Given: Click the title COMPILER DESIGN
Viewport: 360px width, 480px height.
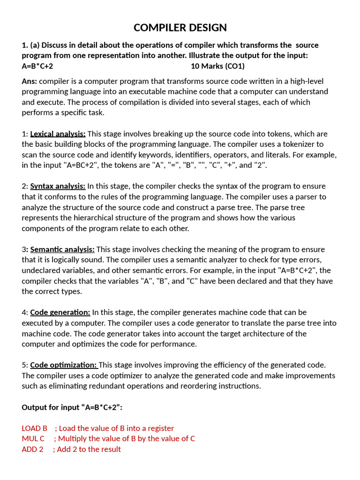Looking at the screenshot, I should pos(180,28).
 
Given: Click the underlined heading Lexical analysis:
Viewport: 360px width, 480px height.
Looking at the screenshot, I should pos(58,134).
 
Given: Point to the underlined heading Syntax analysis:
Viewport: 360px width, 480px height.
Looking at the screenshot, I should pos(58,186).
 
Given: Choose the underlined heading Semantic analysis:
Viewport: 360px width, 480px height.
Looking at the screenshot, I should pos(62,249).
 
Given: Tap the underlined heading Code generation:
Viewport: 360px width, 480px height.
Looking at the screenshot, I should pos(60,312).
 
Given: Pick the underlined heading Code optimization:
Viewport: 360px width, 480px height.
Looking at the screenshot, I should pos(64,365).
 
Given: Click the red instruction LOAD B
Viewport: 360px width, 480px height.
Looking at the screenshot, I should pos(35,428).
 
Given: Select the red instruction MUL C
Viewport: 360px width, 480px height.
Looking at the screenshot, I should pos(33,438).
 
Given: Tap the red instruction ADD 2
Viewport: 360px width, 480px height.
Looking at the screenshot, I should pos(32,449).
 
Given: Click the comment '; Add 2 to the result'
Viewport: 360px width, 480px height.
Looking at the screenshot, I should pos(87,449).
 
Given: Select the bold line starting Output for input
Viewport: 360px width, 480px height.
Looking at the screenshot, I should pos(72,407).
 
